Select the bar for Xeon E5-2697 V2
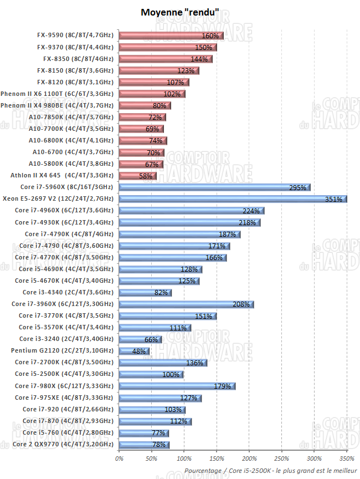(x=233, y=198)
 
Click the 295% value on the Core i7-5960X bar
(x=297, y=187)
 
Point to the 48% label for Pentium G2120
(x=139, y=351)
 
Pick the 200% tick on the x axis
(x=249, y=458)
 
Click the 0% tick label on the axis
(x=119, y=458)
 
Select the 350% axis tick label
(x=346, y=458)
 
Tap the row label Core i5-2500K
(x=64, y=374)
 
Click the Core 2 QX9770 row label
(x=63, y=444)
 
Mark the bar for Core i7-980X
(x=177, y=386)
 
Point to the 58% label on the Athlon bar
(x=146, y=176)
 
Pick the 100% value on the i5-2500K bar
(x=171, y=375)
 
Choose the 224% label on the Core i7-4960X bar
(x=251, y=211)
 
